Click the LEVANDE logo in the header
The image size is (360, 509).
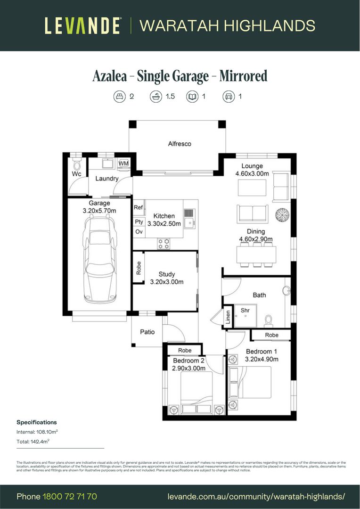click(x=83, y=25)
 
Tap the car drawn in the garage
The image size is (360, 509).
click(x=99, y=260)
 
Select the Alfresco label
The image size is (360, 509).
click(x=180, y=144)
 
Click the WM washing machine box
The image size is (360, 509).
click(x=123, y=163)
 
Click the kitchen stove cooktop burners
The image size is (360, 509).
click(x=164, y=244)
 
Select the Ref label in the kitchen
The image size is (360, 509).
click(x=139, y=207)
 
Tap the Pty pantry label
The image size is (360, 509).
click(x=139, y=222)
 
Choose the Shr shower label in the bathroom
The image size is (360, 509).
click(x=245, y=311)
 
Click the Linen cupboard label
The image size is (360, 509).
click(x=228, y=317)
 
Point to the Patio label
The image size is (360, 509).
click(x=147, y=332)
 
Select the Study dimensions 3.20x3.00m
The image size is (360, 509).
click(x=166, y=282)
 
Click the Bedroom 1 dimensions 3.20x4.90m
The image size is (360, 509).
click(x=262, y=359)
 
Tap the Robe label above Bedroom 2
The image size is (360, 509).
click(x=185, y=351)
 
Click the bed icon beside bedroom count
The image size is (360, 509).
click(x=119, y=97)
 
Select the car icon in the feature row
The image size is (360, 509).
click(x=228, y=97)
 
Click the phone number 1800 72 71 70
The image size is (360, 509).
click(x=70, y=496)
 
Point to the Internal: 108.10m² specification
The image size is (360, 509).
click(x=37, y=432)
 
